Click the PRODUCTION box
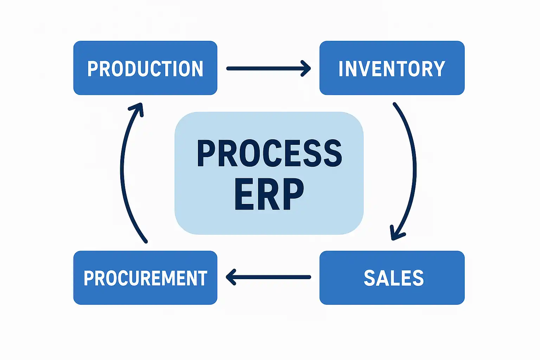pos(145,68)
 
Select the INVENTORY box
pos(392,68)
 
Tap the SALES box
pos(392,277)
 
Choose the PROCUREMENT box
pos(145,277)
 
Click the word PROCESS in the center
pos(269,153)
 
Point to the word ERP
pos(269,194)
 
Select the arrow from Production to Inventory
pos(267,68)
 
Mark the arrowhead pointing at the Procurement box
pos(231,277)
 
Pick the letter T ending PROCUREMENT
pos(202,278)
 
